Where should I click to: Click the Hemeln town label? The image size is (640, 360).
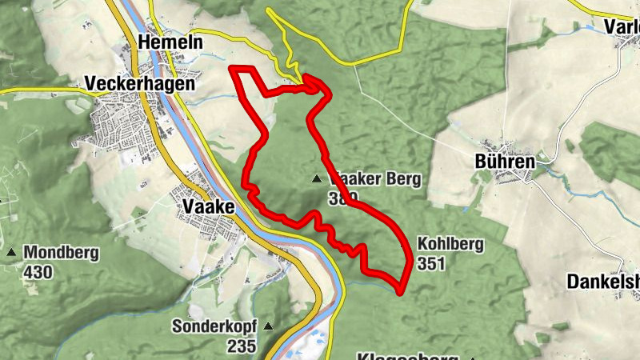click(170, 42)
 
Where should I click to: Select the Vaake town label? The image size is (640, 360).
click(208, 207)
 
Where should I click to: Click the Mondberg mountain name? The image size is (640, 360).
click(62, 254)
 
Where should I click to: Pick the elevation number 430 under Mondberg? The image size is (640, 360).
click(38, 273)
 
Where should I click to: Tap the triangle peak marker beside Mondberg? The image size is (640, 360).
click(11, 253)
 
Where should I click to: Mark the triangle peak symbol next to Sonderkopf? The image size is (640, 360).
click(268, 326)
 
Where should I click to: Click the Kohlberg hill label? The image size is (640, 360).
click(450, 245)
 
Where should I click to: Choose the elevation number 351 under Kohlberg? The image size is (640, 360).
click(430, 264)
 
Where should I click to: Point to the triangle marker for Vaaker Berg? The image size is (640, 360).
click(318, 179)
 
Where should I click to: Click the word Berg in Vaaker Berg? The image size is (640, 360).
click(402, 179)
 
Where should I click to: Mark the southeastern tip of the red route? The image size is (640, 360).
click(400, 284)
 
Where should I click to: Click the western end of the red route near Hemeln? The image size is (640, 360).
click(231, 70)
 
